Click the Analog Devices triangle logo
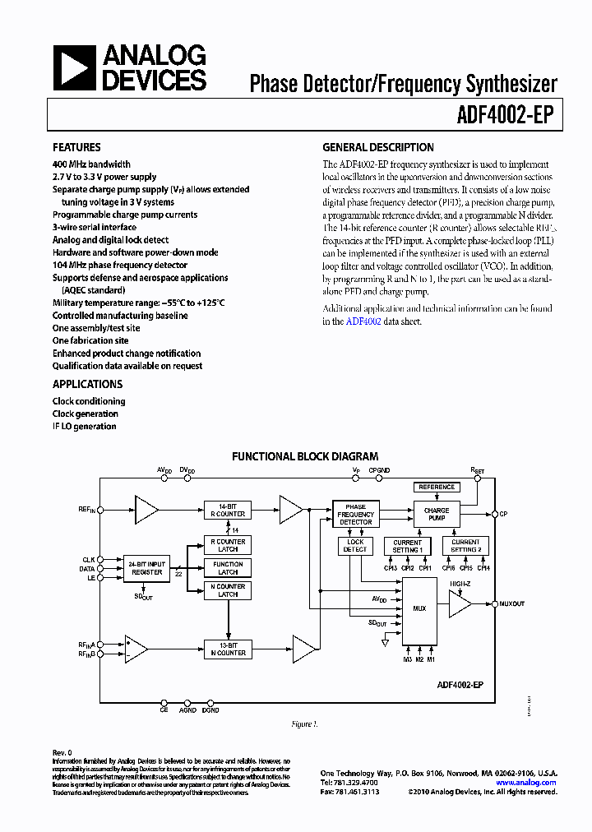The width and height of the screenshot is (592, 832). (75, 67)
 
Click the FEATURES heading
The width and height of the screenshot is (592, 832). (76, 148)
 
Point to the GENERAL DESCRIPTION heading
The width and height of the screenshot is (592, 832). (377, 148)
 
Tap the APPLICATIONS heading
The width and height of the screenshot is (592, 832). (87, 384)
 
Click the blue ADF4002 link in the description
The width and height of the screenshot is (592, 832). (363, 321)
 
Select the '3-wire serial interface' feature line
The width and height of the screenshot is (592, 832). (95, 227)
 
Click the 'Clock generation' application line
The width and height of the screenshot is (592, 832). (86, 414)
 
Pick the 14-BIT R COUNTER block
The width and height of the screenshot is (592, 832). (226, 511)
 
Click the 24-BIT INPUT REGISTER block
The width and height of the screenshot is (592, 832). (147, 567)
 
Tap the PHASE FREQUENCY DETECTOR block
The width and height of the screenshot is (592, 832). (355, 514)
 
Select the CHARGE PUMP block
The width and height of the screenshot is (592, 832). (437, 514)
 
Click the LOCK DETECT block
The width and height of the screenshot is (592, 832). (355, 545)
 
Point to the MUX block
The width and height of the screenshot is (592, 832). (419, 609)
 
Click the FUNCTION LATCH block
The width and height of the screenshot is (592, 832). (228, 567)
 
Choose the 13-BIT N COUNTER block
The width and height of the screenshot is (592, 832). (226, 649)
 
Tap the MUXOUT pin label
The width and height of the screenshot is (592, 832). (511, 603)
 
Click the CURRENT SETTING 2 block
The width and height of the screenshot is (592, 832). (465, 546)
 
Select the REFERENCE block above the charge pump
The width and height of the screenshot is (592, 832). (437, 487)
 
